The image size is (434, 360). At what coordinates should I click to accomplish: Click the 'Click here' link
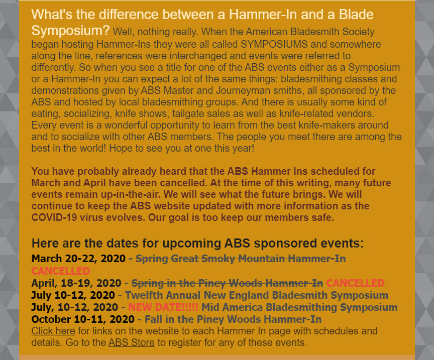click(53, 331)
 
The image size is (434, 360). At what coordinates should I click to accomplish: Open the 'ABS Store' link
click(132, 342)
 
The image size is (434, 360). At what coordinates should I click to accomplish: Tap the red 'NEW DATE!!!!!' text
click(163, 307)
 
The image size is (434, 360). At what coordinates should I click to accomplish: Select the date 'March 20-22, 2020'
click(78, 259)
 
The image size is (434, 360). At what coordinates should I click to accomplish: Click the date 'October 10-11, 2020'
click(83, 319)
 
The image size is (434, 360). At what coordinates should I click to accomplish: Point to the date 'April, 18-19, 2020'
click(76, 283)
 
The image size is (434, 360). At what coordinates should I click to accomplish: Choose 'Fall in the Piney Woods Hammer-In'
click(233, 319)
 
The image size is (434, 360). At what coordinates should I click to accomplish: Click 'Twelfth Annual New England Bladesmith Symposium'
click(257, 295)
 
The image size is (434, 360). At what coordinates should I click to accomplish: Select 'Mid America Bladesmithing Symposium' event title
click(299, 307)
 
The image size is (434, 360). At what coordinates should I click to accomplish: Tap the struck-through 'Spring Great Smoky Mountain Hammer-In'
click(241, 259)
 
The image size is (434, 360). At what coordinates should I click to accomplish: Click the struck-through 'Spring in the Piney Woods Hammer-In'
click(227, 283)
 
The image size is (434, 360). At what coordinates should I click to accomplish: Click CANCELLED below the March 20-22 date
click(61, 271)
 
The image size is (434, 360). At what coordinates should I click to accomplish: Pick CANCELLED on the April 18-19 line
click(356, 283)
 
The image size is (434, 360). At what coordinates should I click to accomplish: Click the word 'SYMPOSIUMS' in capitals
click(274, 44)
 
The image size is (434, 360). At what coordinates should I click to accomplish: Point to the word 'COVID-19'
click(54, 217)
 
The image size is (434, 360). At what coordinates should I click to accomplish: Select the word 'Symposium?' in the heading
click(71, 31)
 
